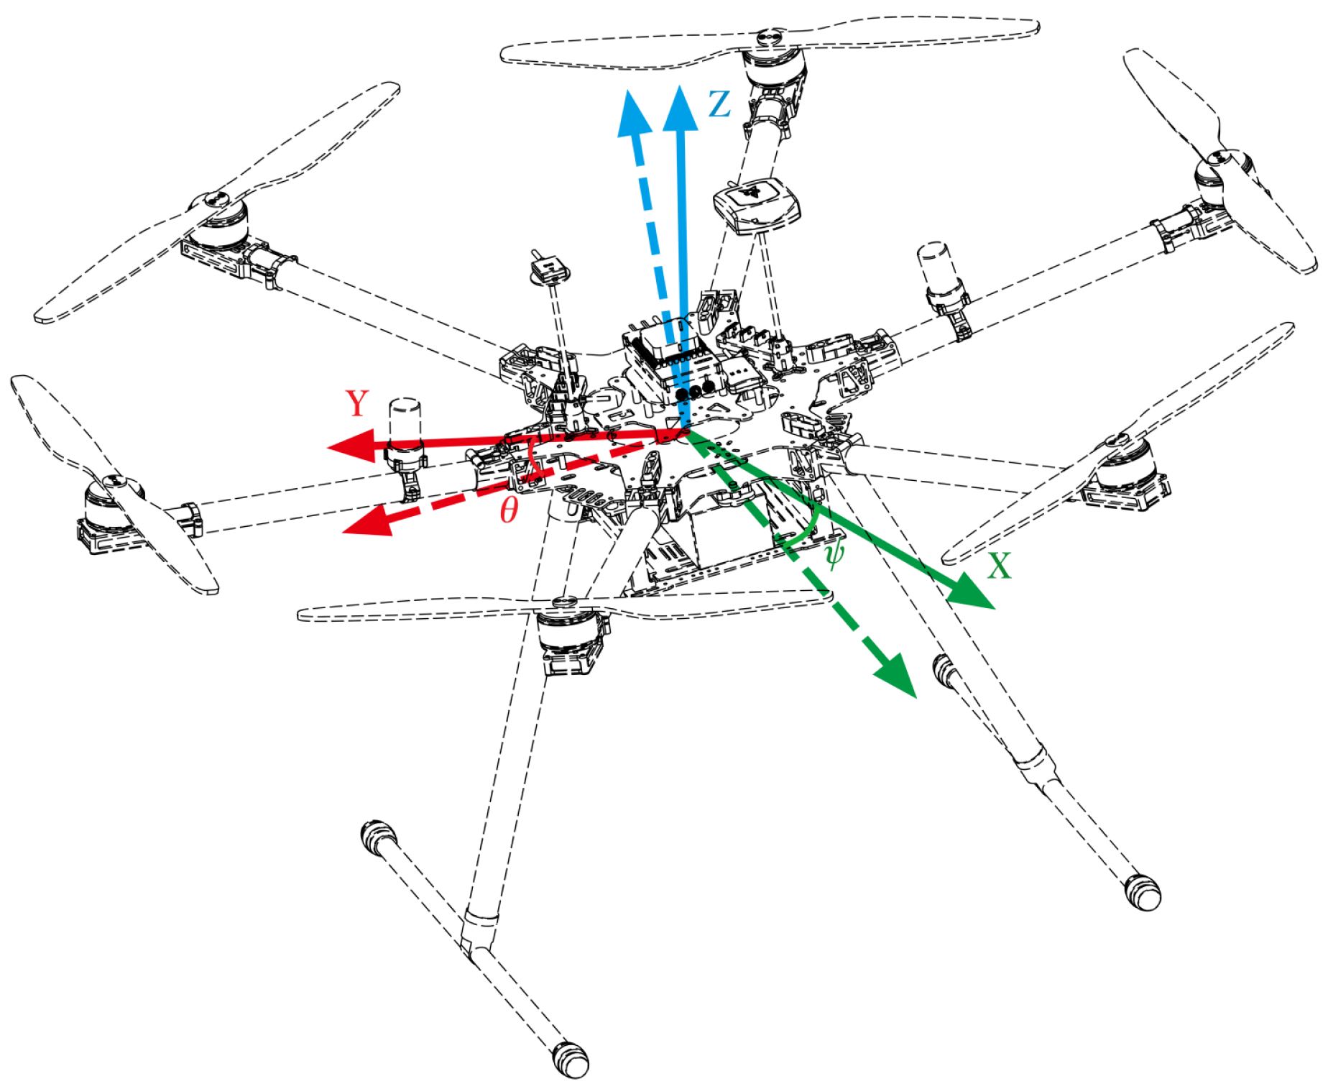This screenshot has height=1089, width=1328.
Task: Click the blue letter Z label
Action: (x=719, y=104)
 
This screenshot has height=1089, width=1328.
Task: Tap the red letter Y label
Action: (x=357, y=403)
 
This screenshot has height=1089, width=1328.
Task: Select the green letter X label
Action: (x=999, y=566)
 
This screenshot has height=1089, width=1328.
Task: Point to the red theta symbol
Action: (x=509, y=510)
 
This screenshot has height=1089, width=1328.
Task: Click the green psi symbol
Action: (x=834, y=554)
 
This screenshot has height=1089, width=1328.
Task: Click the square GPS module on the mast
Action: (x=756, y=204)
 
